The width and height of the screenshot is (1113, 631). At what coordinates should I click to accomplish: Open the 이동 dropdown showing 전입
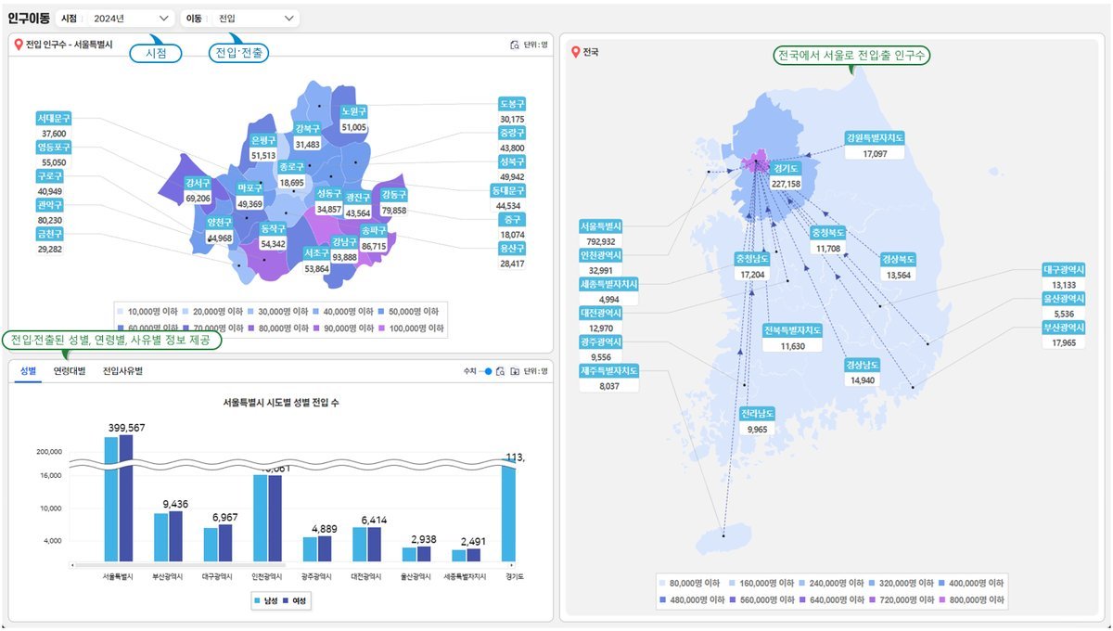tap(252, 18)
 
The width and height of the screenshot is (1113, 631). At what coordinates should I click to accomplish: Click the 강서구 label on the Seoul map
tap(198, 183)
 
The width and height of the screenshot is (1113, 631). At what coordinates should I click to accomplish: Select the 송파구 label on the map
tap(374, 230)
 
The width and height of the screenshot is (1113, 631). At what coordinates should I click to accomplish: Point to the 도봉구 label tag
tap(512, 104)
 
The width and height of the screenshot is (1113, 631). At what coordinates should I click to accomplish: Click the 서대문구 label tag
tap(54, 119)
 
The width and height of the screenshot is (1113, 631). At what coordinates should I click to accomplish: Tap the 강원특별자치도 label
tap(875, 137)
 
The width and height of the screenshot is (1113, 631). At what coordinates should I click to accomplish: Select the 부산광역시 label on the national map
tap(1063, 328)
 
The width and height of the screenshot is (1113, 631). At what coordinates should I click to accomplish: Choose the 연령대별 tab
tap(70, 371)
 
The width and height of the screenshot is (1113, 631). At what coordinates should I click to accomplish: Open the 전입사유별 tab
tap(122, 371)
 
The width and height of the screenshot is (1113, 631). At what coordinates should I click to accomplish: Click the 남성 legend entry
tap(265, 600)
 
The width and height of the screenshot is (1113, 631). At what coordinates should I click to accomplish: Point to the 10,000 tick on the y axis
tap(49, 509)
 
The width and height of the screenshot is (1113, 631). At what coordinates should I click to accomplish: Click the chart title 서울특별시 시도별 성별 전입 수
tap(282, 404)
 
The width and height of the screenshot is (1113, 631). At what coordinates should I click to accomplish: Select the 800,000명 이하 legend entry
tap(969, 600)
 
